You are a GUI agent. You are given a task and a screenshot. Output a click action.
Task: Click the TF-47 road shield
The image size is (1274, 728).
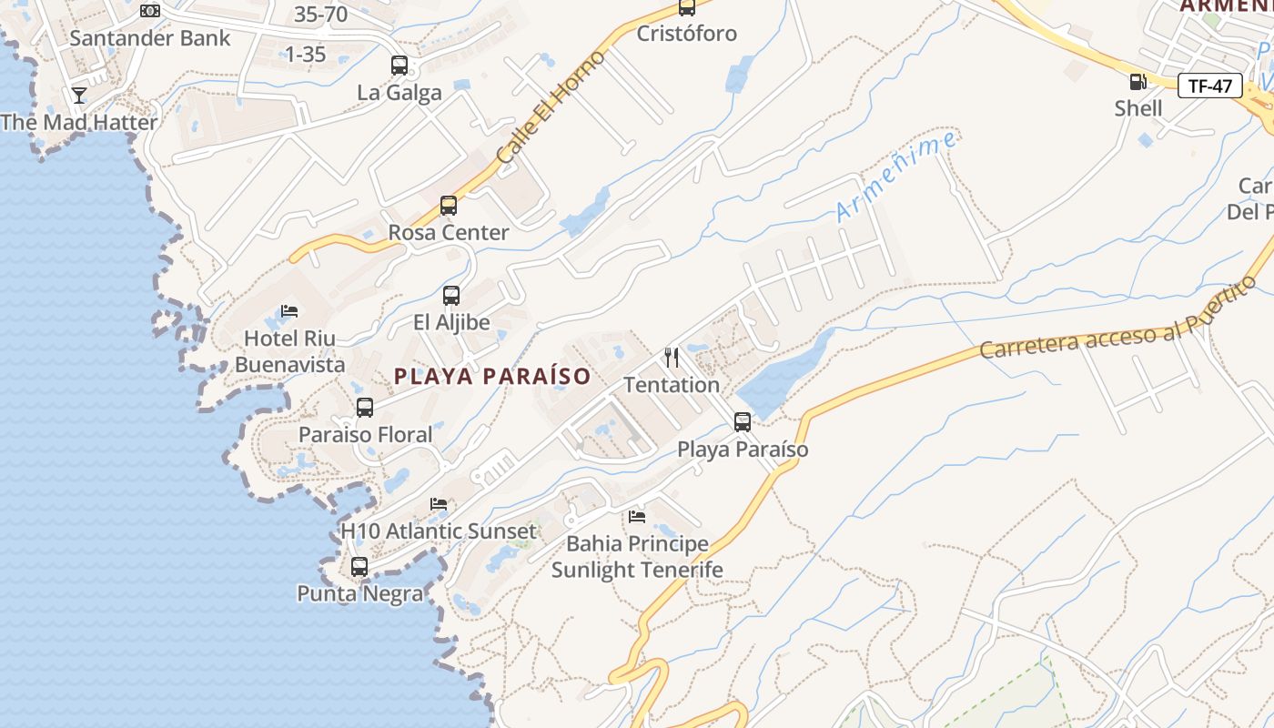click(1210, 86)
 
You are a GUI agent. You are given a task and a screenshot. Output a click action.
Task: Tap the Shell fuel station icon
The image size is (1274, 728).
click(1137, 81)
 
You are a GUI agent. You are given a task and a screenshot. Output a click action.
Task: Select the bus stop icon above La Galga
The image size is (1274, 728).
click(399, 66)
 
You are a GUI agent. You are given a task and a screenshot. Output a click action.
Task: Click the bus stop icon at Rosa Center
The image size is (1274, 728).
click(449, 206)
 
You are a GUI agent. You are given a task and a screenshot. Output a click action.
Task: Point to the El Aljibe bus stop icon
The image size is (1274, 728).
click(451, 296)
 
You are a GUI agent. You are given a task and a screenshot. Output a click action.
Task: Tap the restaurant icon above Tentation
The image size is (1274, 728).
click(672, 357)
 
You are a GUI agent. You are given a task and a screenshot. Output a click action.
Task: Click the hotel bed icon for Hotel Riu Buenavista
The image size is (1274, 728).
click(289, 311)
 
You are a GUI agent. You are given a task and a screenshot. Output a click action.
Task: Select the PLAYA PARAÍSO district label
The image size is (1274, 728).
click(492, 376)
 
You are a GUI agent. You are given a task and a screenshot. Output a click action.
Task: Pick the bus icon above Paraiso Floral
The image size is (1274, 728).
click(365, 408)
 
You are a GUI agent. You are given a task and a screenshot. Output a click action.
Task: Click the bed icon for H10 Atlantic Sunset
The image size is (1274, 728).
click(439, 504)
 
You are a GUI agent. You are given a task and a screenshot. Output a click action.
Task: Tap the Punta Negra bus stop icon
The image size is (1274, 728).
click(359, 567)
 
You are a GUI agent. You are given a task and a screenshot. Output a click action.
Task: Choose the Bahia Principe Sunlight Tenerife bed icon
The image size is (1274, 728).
click(637, 517)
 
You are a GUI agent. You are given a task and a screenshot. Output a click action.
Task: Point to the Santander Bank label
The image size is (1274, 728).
click(150, 38)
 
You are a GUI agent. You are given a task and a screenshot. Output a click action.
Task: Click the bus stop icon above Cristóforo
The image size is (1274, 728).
click(687, 8)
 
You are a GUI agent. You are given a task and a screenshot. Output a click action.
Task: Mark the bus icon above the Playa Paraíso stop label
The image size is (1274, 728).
click(743, 422)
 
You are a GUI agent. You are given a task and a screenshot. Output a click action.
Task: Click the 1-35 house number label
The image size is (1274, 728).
click(305, 55)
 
